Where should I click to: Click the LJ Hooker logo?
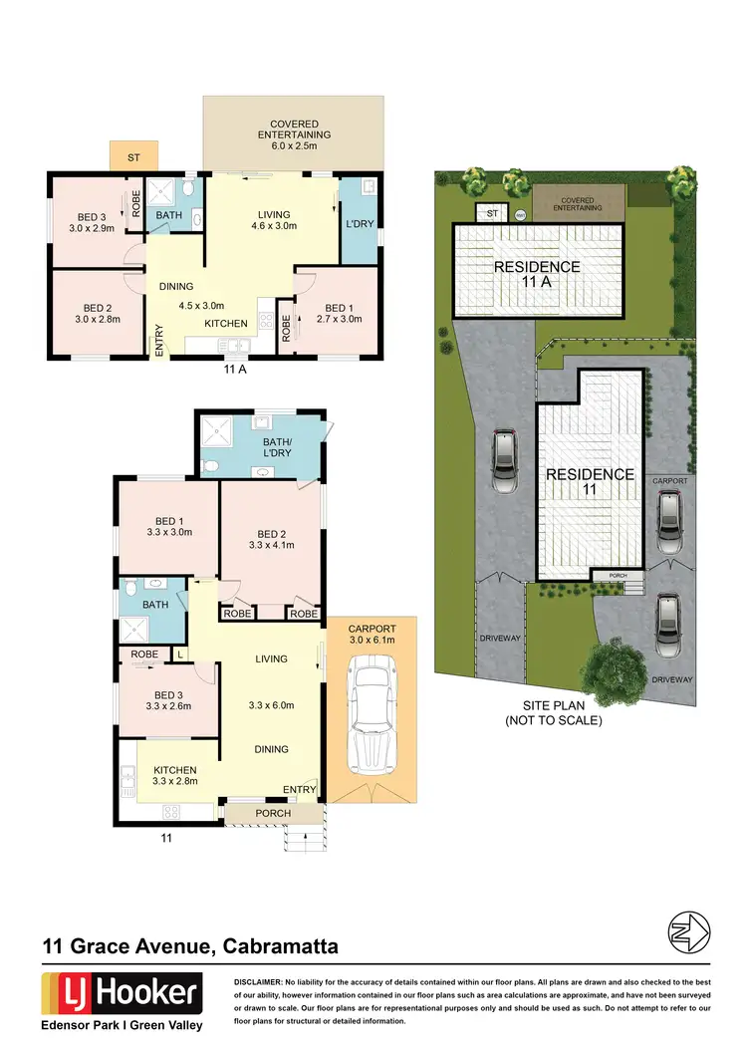point(122,993)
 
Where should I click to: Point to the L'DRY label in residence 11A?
point(360,224)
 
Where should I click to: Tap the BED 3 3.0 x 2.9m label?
point(97,221)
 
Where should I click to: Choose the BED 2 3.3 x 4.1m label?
point(270,538)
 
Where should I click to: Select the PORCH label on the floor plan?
point(273,814)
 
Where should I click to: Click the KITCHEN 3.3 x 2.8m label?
point(174,775)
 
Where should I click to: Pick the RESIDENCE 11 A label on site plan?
point(537,275)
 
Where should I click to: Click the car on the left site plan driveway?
point(505,460)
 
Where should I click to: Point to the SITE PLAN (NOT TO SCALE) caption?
point(554,712)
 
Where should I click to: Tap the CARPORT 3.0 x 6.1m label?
point(373,636)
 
